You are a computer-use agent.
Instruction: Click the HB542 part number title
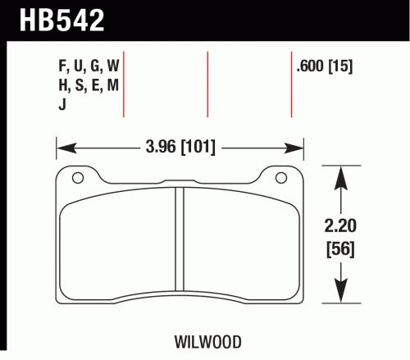click(62, 20)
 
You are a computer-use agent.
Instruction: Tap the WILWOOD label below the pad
click(208, 342)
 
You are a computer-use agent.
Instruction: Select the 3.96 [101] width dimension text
click(180, 147)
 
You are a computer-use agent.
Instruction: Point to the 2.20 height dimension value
click(340, 226)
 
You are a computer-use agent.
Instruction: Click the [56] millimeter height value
click(340, 248)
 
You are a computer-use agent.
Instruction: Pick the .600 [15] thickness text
click(325, 66)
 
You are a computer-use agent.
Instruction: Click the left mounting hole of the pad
click(78, 178)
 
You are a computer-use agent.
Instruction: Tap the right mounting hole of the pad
click(281, 178)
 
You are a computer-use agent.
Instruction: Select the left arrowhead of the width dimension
click(66, 148)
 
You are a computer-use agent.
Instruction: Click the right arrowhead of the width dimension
click(294, 148)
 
